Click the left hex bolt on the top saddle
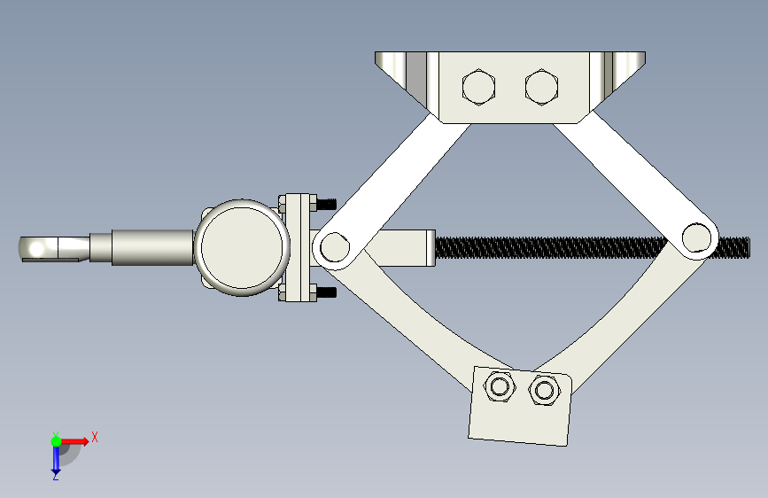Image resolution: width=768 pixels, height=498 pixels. tap(478, 87)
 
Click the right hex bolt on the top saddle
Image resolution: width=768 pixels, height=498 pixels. tap(541, 87)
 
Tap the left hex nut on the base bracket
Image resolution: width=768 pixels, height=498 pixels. tap(499, 386)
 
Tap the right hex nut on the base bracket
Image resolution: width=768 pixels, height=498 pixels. tap(544, 390)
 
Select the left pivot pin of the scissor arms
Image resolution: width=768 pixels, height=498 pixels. tap(334, 247)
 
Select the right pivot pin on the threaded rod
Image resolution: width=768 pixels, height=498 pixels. tap(696, 237)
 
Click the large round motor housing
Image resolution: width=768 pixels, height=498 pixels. tap(242, 247)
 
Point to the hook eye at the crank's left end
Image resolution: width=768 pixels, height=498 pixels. tap(36, 248)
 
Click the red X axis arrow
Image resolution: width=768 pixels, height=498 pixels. tap(74, 441)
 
